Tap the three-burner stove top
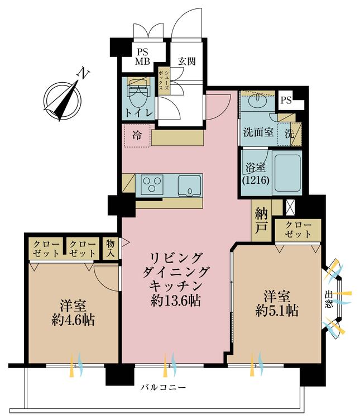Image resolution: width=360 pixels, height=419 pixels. [152, 183]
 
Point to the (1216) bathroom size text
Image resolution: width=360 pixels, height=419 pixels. [256, 180]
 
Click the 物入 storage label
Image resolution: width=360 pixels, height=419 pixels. [110, 248]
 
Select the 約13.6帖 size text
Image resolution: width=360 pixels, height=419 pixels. [176, 301]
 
